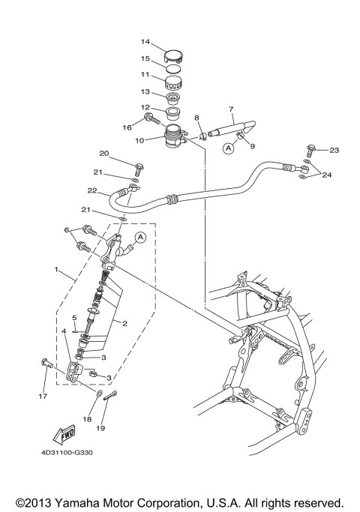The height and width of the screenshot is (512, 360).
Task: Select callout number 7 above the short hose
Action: point(231,109)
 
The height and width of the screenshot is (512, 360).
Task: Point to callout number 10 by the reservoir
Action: point(139,140)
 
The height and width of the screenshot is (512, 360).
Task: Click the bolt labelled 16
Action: point(153,118)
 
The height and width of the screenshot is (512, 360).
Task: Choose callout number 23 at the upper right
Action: point(334,150)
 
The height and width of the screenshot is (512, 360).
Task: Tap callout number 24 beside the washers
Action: point(327,177)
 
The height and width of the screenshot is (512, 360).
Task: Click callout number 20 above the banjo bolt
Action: point(104,154)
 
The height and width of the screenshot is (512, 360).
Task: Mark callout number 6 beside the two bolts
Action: point(67,230)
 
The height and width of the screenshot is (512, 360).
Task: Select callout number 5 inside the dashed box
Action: point(74,317)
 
